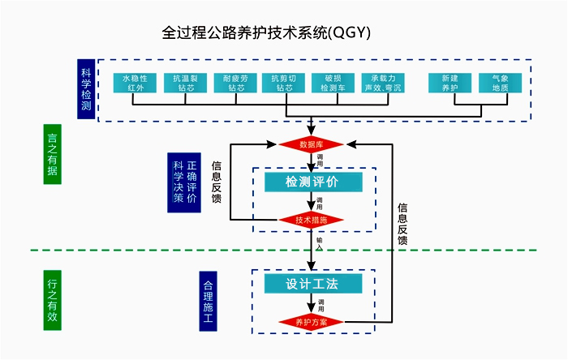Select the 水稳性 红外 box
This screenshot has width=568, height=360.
136,84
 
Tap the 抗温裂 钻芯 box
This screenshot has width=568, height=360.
186,84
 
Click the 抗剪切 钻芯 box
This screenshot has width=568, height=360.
285,84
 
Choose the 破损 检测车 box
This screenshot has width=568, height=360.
334,84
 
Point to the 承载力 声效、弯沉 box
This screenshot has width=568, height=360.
385,84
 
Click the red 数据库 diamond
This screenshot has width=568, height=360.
312,144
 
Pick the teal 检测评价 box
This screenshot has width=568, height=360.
312,182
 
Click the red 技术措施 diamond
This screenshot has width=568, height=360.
312,220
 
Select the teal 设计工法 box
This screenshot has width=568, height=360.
312,284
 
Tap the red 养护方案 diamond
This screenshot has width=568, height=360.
312,321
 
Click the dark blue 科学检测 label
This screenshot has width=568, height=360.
87,89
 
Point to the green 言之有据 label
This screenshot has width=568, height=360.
53,154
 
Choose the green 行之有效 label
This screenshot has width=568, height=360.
53,300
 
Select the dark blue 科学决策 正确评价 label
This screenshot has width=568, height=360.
184,182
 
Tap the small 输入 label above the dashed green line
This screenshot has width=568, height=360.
320,242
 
